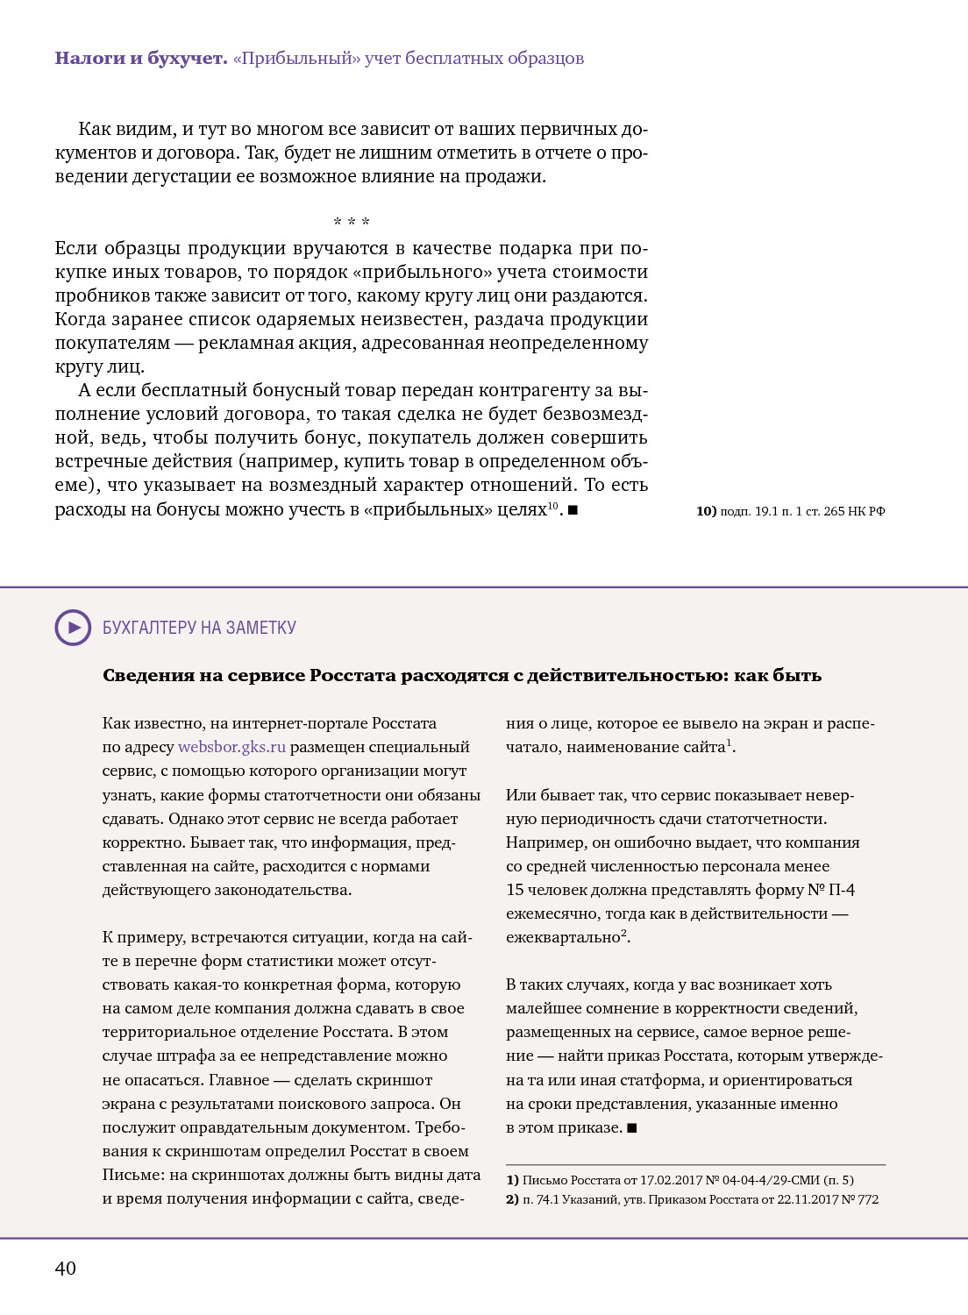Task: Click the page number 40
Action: tap(66, 1268)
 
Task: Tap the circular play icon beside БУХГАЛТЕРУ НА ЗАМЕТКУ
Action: tap(73, 628)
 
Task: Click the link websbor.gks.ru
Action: tap(231, 747)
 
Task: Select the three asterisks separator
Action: tap(352, 222)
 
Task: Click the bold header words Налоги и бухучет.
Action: tap(141, 59)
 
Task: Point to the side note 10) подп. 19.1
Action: tap(790, 511)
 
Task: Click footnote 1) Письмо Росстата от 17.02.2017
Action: tap(680, 1180)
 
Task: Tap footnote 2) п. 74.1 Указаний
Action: tap(692, 1199)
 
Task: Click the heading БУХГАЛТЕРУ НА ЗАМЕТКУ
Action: tap(199, 628)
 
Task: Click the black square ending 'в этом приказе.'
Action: tap(632, 1128)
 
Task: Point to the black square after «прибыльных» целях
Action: tap(573, 510)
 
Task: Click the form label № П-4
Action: tap(830, 890)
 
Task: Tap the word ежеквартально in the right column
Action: tap(563, 937)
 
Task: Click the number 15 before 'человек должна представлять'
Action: tap(515, 890)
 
